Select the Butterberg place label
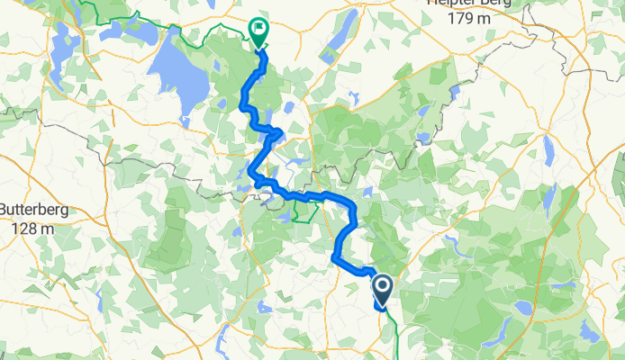pos(33,211)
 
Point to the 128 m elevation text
pos(33,228)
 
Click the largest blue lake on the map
pos(178,76)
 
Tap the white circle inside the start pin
pos(383,287)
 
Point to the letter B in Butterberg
pos(4,211)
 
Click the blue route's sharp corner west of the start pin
pos(335,258)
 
